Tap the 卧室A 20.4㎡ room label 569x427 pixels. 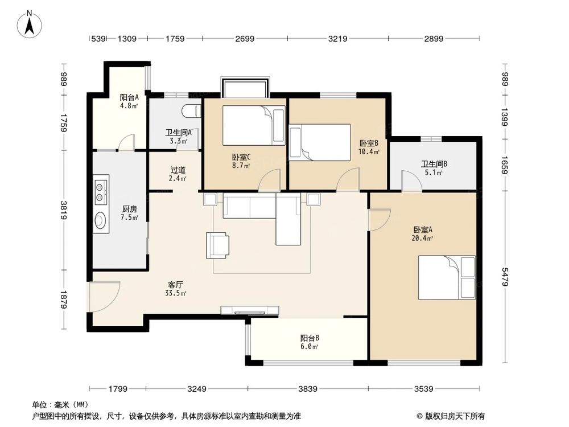coord(423,233)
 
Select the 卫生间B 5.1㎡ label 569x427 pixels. coord(434,168)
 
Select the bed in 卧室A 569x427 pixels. coord(446,277)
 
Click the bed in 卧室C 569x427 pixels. coord(253,125)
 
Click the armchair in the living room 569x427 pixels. coord(217,245)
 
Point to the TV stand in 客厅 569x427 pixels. coord(250,310)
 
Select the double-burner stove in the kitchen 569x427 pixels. coord(101,192)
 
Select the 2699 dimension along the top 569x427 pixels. coord(244,39)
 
